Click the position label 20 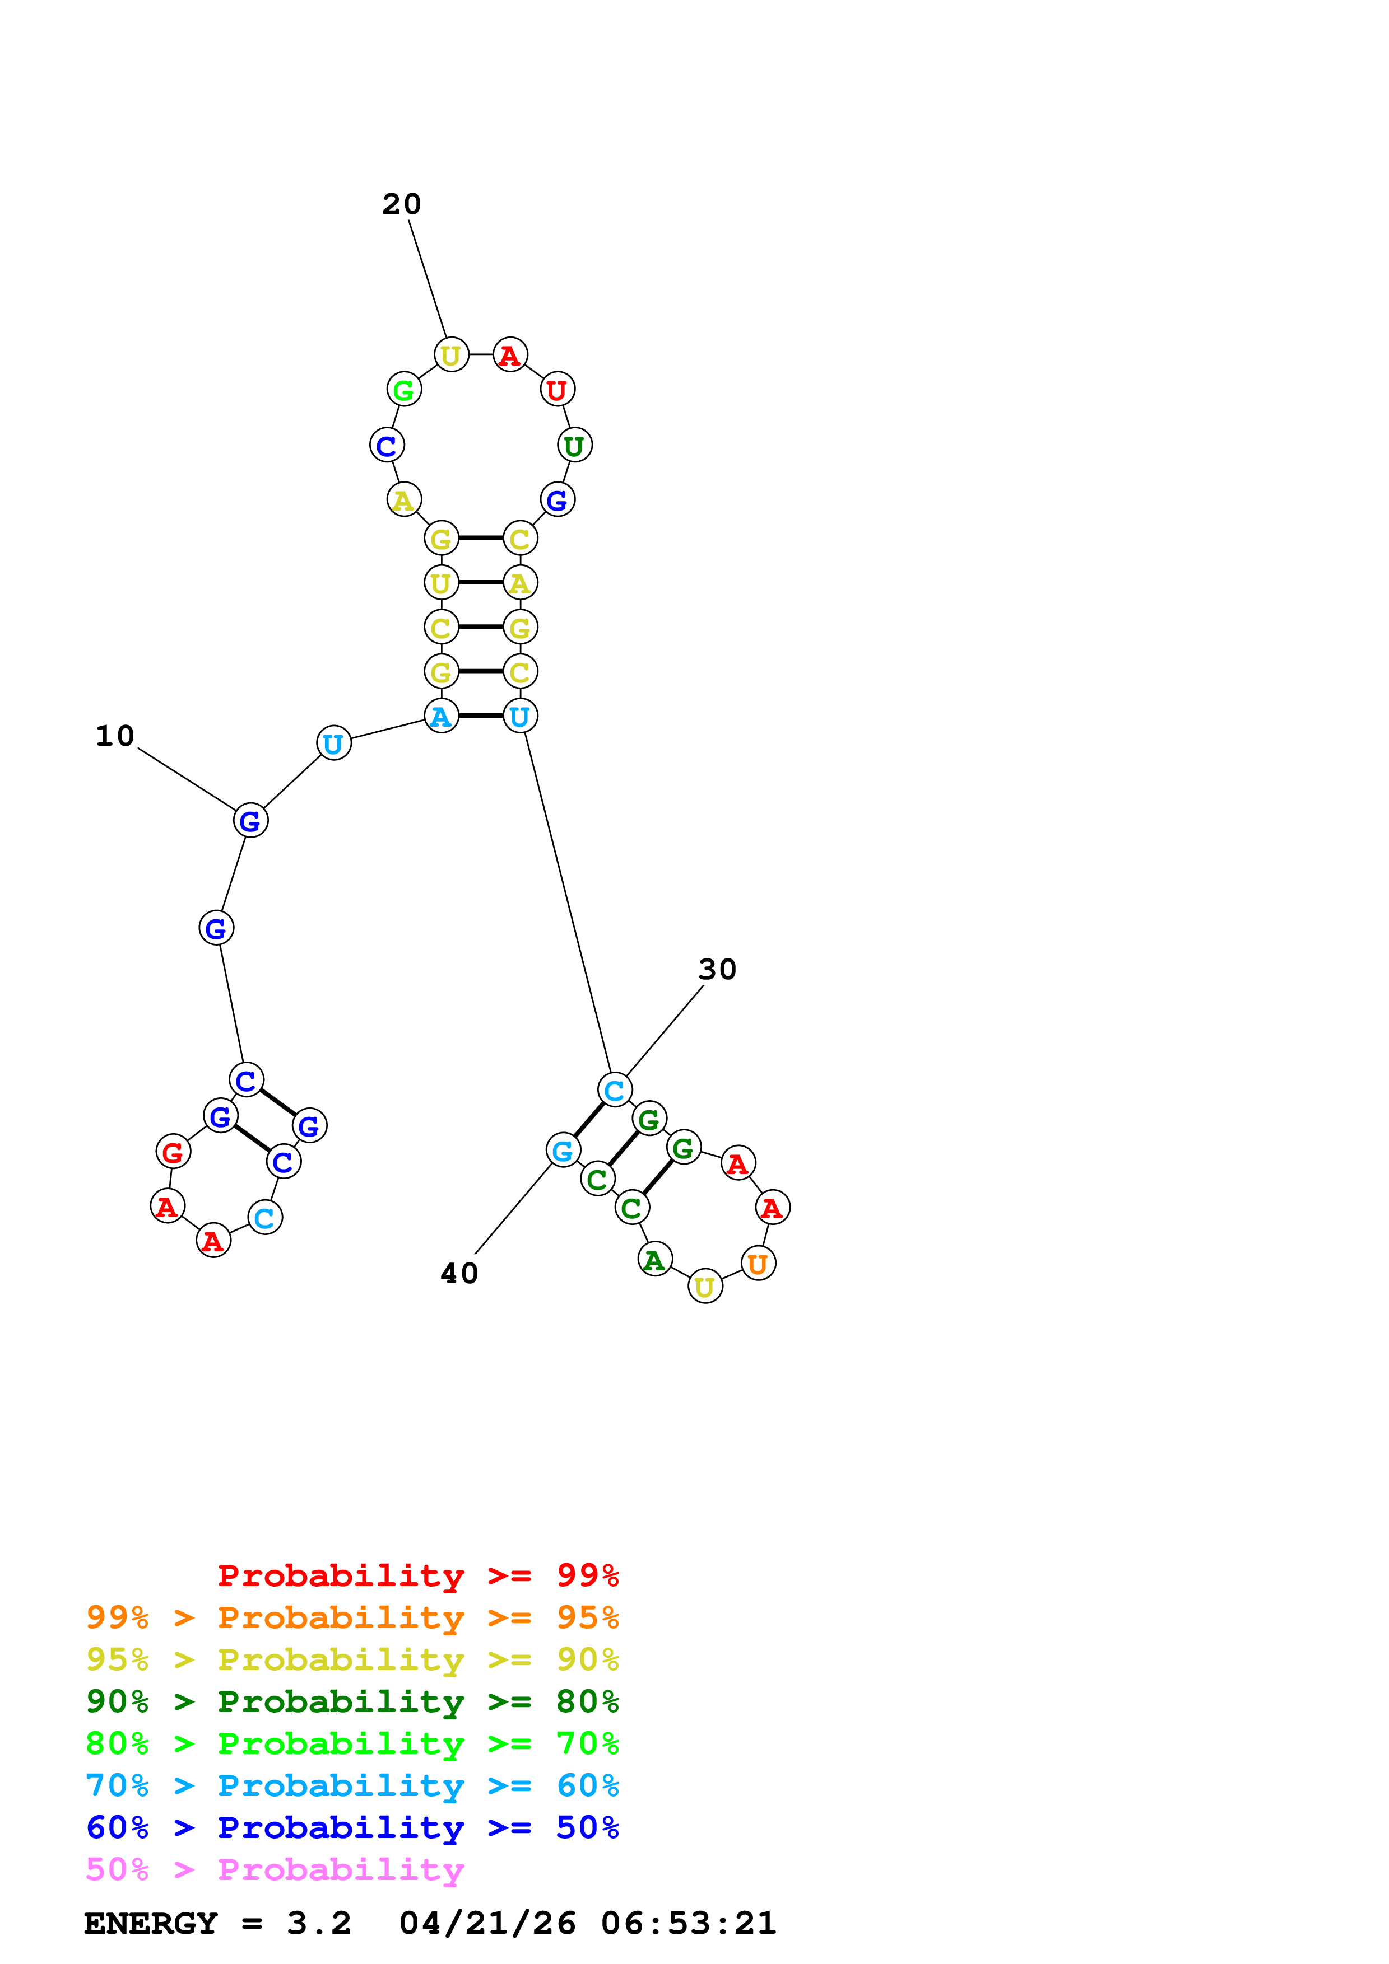pos(401,204)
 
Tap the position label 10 pos(115,737)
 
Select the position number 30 pos(717,970)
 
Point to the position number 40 pos(459,1274)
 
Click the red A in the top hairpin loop pos(510,355)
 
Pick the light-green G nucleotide pos(403,390)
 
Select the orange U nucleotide pos(758,1264)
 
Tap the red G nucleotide pos(173,1152)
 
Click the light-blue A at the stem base pos(441,716)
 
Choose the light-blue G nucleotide pos(563,1151)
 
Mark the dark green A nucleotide pos(654,1259)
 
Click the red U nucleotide pos(557,390)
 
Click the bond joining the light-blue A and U pos(480,716)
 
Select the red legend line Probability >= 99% pos(417,1575)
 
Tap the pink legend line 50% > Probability pos(275,1870)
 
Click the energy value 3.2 pos(318,1924)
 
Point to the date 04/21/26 pos(487,1924)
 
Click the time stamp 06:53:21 pos(688,1924)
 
